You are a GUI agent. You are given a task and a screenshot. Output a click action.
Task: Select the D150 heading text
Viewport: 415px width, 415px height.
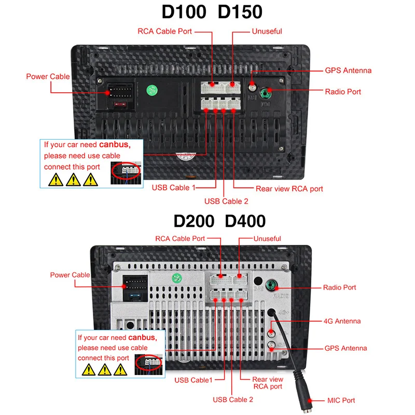pyautogui.click(x=240, y=12)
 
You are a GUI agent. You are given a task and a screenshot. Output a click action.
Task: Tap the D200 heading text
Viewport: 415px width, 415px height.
pyautogui.click(x=193, y=221)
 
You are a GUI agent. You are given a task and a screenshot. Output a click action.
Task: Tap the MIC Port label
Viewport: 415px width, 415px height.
pyautogui.click(x=341, y=400)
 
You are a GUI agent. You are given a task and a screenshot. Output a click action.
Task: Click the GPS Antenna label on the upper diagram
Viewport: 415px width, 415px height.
pyautogui.click(x=348, y=71)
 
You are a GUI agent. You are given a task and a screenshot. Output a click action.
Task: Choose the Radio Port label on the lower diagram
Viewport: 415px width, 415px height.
pyautogui.click(x=339, y=287)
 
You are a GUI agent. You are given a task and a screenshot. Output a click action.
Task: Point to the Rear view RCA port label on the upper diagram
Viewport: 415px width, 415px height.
pyautogui.click(x=289, y=189)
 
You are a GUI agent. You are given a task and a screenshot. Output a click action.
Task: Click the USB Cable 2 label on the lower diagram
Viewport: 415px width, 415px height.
pyautogui.click(x=233, y=399)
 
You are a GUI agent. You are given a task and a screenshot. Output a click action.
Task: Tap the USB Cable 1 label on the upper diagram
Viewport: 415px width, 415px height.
pyautogui.click(x=174, y=187)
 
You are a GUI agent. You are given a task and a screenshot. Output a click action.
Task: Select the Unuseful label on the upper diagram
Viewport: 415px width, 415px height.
pyautogui.click(x=267, y=31)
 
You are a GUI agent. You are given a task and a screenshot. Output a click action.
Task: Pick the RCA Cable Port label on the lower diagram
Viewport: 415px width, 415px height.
pyautogui.click(x=180, y=239)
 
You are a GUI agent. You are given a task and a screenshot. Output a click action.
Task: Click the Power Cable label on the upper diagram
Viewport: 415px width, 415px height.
pyautogui.click(x=48, y=77)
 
